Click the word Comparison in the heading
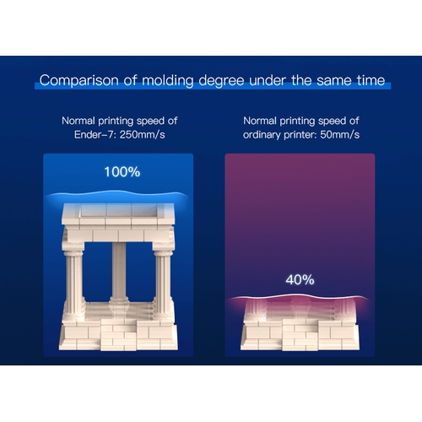click(x=78, y=81)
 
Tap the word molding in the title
click(x=168, y=81)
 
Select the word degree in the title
click(x=221, y=81)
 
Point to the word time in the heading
click(x=371, y=80)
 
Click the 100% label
click(x=122, y=172)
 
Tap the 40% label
click(x=300, y=280)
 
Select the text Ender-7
click(x=95, y=135)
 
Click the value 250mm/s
click(x=143, y=135)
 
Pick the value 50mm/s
click(x=340, y=135)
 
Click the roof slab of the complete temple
click(x=118, y=214)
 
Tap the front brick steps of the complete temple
click(x=119, y=335)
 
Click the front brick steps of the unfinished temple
click(x=300, y=335)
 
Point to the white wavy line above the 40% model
click(x=298, y=296)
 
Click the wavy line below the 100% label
click(x=117, y=193)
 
